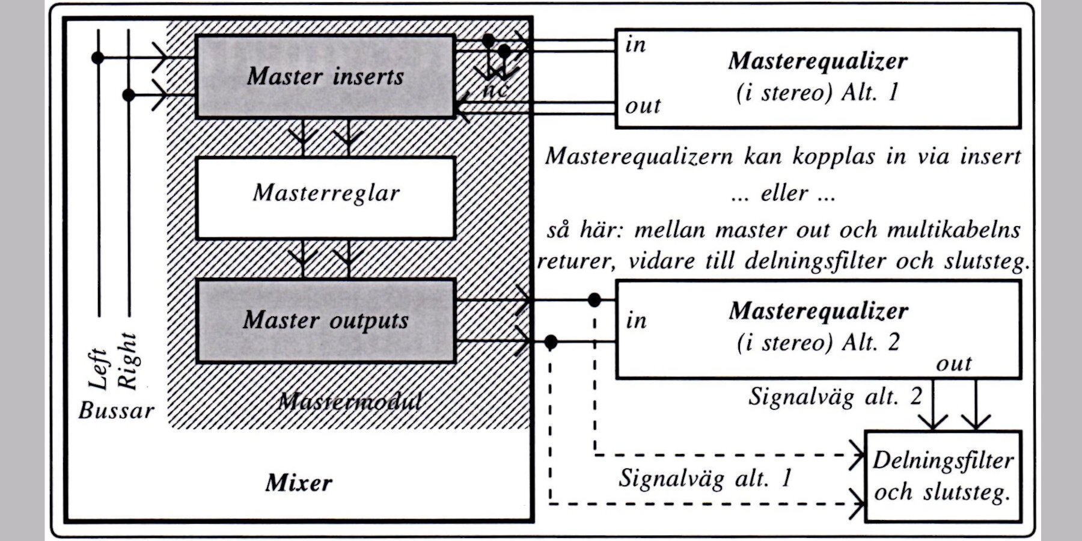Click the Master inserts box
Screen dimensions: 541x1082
325,76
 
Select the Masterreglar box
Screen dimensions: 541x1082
325,198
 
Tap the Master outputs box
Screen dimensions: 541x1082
325,320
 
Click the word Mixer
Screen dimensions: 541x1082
299,483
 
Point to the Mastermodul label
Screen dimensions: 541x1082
350,401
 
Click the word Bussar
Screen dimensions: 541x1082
116,411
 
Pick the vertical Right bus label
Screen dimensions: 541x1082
127,361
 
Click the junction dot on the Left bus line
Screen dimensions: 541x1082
97,58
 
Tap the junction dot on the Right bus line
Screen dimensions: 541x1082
128,95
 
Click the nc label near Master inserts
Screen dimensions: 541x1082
495,90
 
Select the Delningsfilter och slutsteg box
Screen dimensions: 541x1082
942,476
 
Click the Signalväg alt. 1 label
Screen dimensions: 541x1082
705,478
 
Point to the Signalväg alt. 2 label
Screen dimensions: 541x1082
834,397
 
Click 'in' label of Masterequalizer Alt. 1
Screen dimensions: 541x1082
635,45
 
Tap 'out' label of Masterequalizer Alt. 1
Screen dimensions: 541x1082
643,106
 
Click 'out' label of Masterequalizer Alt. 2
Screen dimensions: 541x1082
953,363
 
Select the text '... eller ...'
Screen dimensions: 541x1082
783,194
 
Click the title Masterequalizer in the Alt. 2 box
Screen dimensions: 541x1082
818,311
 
